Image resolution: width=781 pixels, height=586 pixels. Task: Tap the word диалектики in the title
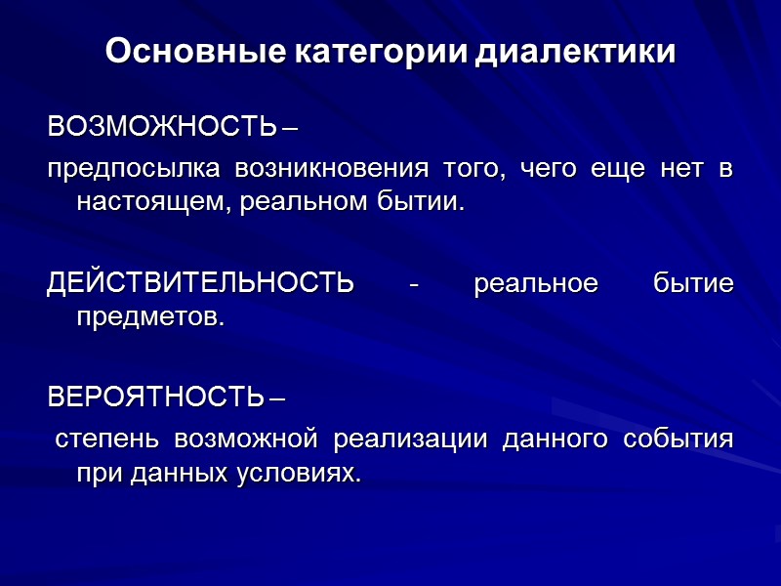click(x=576, y=51)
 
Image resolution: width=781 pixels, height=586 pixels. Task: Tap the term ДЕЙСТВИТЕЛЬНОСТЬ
click(x=200, y=283)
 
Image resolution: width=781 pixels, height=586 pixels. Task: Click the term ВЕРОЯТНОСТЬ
click(x=155, y=398)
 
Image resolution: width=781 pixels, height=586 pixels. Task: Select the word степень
click(x=106, y=439)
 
